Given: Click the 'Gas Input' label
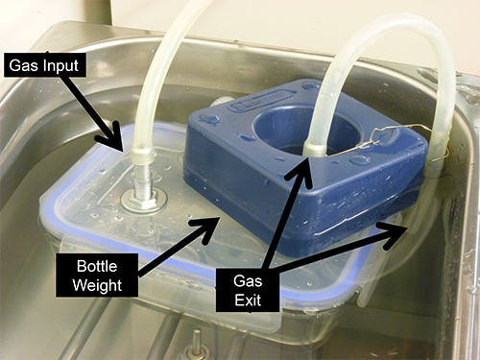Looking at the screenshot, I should pos(45,66).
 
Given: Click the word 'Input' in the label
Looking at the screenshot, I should pos(61,66).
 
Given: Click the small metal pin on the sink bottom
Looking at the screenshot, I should pos(196,340).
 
